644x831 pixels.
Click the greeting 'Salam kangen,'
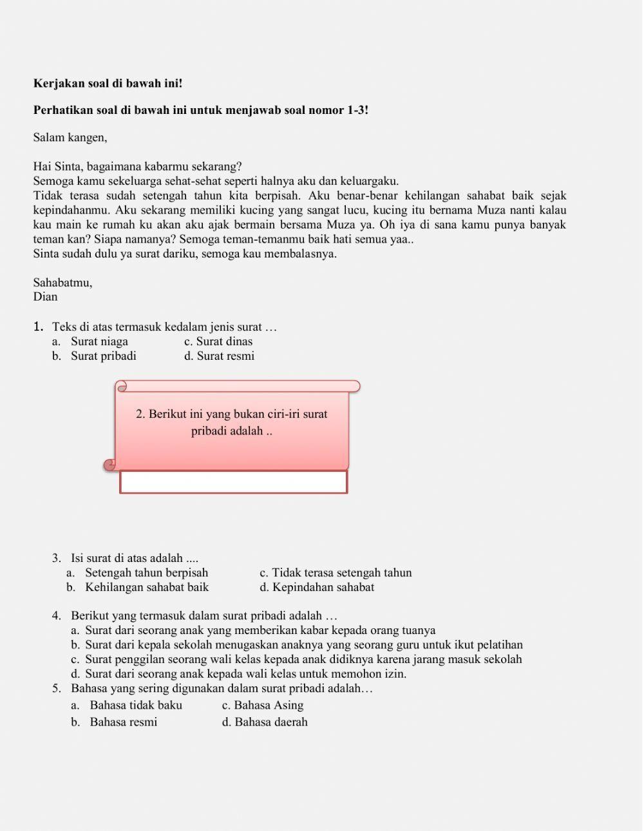(x=70, y=137)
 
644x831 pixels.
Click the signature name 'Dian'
(x=45, y=297)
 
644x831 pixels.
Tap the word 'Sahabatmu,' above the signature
(x=62, y=283)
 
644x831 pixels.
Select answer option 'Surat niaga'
(x=99, y=342)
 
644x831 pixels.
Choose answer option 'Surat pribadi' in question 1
(x=103, y=356)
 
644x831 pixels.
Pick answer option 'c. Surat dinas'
(x=218, y=342)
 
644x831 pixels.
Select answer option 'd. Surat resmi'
(x=219, y=356)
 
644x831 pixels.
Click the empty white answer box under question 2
(x=233, y=482)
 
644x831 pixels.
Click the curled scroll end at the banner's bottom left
(x=111, y=464)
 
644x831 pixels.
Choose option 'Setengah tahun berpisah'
(x=146, y=573)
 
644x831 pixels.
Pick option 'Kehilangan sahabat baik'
(x=147, y=587)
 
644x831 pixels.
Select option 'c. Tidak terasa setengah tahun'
(x=336, y=573)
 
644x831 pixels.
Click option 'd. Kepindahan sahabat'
(x=317, y=587)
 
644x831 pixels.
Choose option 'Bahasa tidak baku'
(x=135, y=705)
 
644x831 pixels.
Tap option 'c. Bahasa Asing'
(x=263, y=705)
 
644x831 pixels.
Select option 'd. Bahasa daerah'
(x=265, y=722)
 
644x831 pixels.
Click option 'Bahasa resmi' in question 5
(x=123, y=722)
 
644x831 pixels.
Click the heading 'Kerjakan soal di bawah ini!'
(x=108, y=84)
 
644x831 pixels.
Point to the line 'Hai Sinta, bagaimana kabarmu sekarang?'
(x=137, y=167)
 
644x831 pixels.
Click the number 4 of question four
(x=57, y=616)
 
